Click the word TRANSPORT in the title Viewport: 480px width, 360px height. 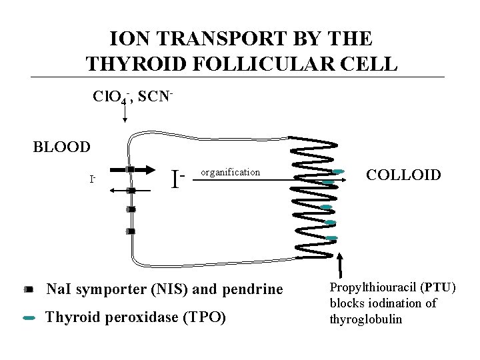pos(194,38)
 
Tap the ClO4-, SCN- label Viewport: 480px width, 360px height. pos(133,98)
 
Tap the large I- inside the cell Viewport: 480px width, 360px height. pos(177,179)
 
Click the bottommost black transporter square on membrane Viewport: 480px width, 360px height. pos(131,231)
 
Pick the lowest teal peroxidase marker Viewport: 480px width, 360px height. pos(331,238)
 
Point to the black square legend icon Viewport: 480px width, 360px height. pos(28,290)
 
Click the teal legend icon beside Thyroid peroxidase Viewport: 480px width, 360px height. pos(29,319)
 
